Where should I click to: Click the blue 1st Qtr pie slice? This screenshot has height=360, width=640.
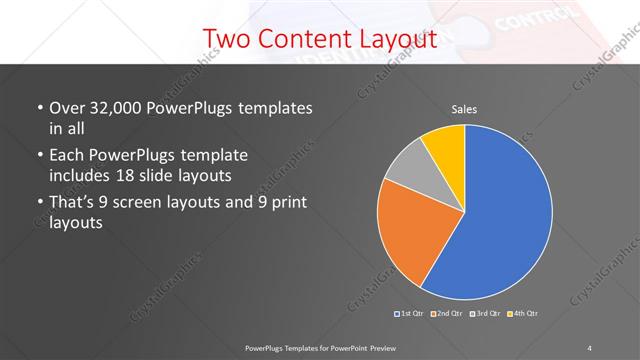click(x=505, y=215)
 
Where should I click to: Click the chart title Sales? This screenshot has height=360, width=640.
click(x=464, y=108)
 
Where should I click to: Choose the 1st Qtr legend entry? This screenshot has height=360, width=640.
click(x=411, y=314)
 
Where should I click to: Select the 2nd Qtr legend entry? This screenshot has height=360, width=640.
click(x=448, y=314)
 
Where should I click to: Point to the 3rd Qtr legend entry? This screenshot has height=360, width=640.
click(x=486, y=314)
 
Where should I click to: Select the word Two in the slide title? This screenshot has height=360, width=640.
click(x=225, y=39)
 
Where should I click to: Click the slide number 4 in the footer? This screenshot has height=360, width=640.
click(x=590, y=347)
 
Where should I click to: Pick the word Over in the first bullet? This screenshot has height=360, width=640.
click(x=66, y=108)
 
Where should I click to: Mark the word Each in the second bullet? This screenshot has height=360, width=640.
click(x=66, y=156)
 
